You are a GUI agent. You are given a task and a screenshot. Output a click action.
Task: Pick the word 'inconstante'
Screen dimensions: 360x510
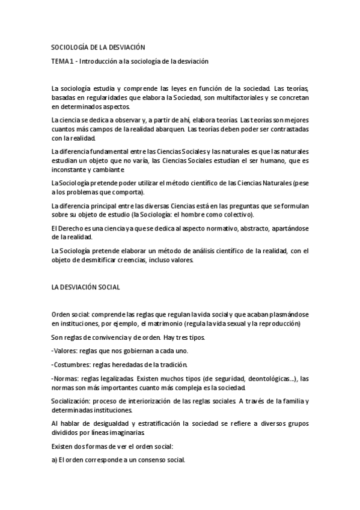tap(70, 171)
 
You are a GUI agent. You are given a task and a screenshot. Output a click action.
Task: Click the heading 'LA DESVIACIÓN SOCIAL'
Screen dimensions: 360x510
tap(85, 287)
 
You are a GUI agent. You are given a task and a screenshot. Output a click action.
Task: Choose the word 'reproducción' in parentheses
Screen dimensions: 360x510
tap(279, 323)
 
